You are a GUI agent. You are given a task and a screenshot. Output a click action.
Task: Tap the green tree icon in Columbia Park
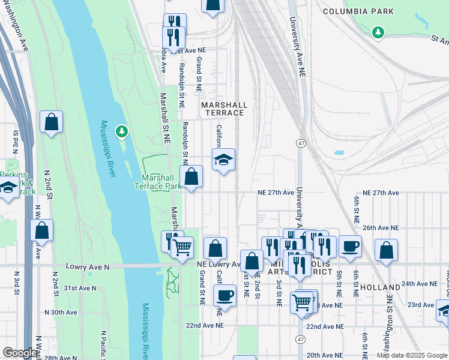[378, 31]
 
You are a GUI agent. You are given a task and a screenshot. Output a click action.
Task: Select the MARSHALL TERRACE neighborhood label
[223, 108]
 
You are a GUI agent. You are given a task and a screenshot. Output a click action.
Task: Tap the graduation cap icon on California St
[223, 160]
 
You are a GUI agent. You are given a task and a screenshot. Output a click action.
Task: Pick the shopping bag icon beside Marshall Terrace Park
[191, 177]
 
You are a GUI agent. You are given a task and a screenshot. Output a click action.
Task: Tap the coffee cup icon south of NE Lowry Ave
[224, 295]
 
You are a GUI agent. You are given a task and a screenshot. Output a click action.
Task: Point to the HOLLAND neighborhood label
[380, 287]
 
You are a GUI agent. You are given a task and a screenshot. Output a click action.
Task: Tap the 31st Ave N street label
[80, 288]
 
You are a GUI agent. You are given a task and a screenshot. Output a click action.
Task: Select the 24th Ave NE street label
[420, 283]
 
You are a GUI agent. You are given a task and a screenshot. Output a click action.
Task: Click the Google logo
[19, 353]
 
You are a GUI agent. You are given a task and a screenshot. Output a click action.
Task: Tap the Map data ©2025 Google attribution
[411, 355]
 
